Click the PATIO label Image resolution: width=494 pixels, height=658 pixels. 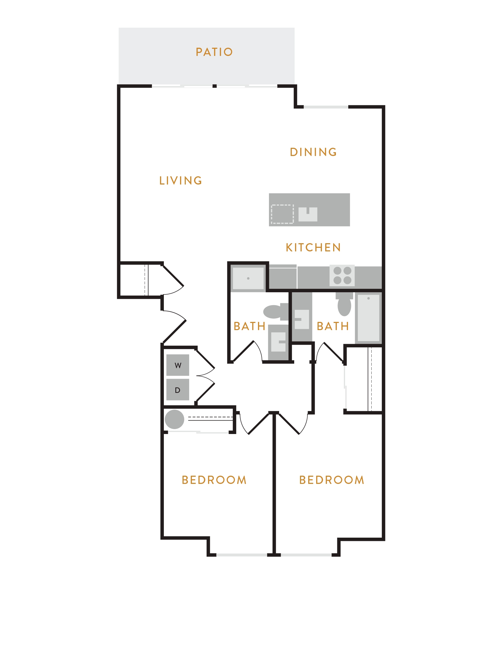click(x=214, y=52)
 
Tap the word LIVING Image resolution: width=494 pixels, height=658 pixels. click(x=181, y=181)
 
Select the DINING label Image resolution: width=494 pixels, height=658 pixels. click(x=313, y=152)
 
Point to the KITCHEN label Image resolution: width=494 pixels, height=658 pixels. click(x=313, y=248)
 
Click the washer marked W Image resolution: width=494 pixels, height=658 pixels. click(x=178, y=365)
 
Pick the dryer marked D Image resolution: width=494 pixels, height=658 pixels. click(x=178, y=390)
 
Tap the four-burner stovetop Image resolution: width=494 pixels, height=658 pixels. click(x=342, y=276)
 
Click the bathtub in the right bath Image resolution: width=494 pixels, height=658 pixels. click(x=368, y=318)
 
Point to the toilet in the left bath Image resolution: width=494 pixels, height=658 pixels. click(x=276, y=312)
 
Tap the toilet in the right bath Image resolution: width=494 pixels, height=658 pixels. click(x=344, y=304)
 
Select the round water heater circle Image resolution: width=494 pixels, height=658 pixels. click(x=175, y=419)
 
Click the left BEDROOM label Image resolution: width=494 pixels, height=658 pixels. click(x=214, y=480)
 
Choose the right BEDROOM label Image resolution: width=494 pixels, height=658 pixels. click(x=332, y=480)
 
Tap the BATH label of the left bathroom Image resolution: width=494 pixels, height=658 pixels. click(x=249, y=326)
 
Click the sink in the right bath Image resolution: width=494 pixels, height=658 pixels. click(x=302, y=319)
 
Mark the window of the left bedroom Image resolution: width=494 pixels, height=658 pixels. click(x=242, y=555)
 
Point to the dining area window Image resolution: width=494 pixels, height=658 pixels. click(x=326, y=107)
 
